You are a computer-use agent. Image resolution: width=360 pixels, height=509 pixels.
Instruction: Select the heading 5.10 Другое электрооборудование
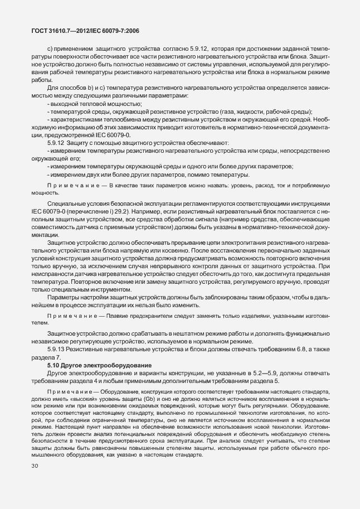[91, 364]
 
